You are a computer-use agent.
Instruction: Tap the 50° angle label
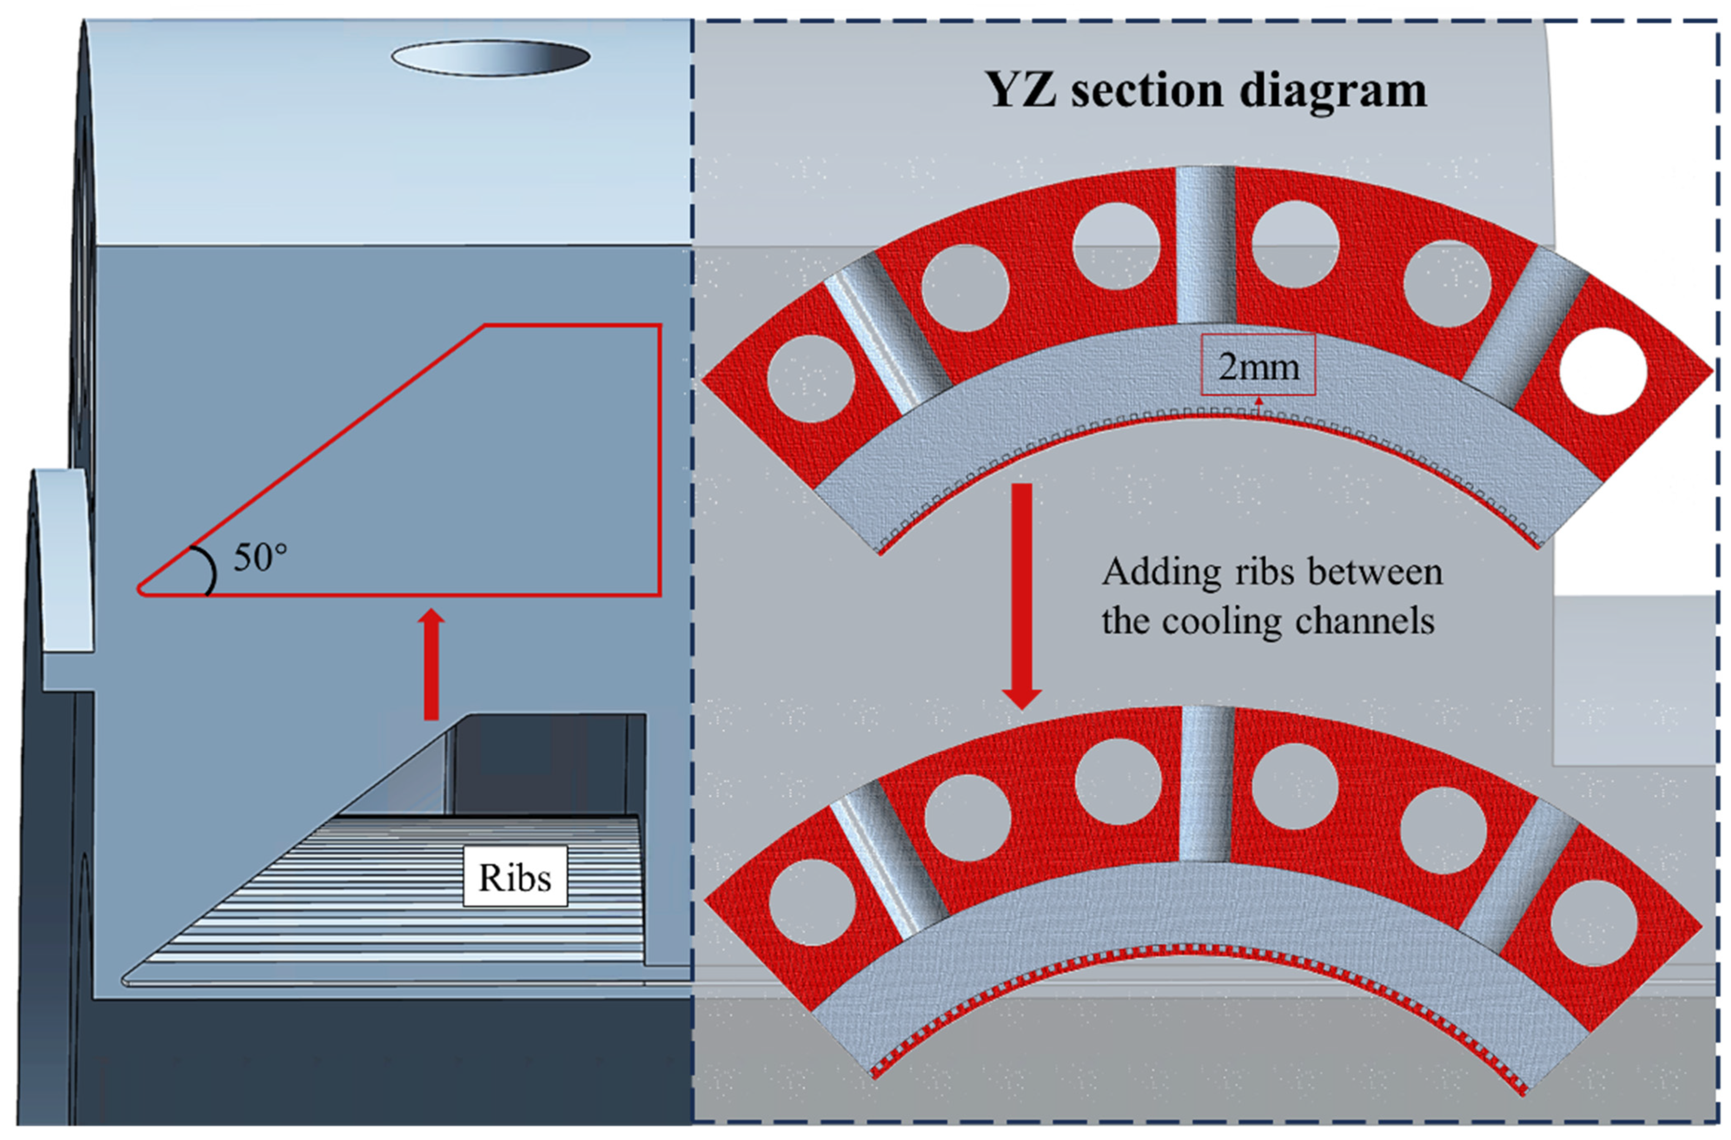coord(260,558)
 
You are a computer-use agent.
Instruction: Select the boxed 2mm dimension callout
coord(1258,365)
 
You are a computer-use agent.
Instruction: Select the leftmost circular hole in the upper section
coord(810,378)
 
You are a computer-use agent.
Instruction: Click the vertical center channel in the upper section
coord(1205,243)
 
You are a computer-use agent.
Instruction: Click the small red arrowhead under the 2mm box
coord(1258,400)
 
